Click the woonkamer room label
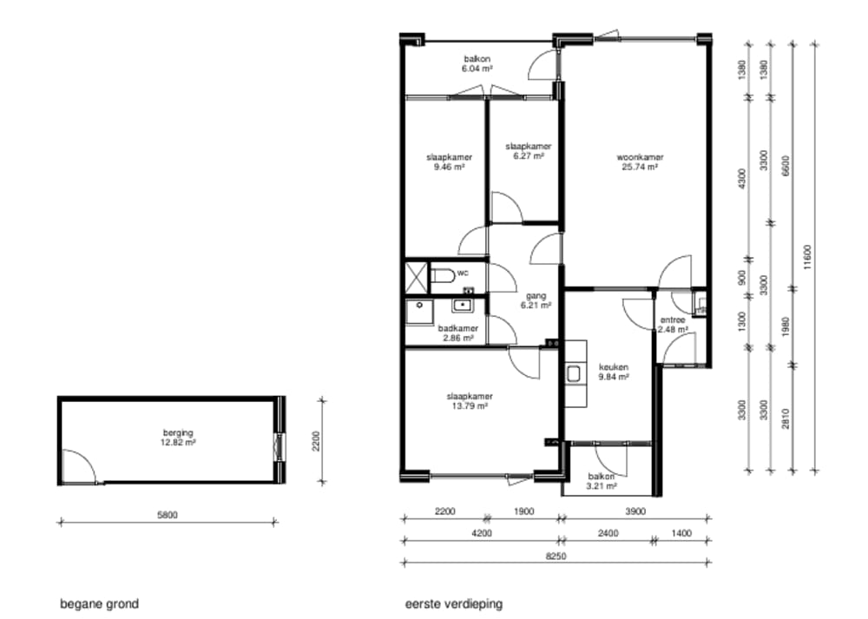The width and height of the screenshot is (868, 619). click(x=640, y=157)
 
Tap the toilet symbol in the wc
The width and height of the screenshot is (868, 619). click(x=443, y=275)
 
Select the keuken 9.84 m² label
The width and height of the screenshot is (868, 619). click(x=614, y=372)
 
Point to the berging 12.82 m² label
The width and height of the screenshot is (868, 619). click(x=178, y=438)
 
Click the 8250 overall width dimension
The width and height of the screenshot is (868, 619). click(x=556, y=556)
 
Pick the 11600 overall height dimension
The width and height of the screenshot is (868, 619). click(x=807, y=257)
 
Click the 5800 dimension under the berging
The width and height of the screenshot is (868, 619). click(x=168, y=515)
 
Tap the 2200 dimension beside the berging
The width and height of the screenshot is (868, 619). click(x=316, y=441)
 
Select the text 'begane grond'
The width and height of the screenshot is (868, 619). click(x=99, y=603)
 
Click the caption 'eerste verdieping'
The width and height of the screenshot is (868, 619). click(x=454, y=603)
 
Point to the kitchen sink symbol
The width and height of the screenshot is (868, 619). click(x=573, y=374)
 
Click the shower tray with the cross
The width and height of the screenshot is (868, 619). click(x=417, y=277)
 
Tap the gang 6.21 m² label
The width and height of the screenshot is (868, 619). click(x=536, y=300)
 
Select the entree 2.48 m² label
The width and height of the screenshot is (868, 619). click(x=673, y=325)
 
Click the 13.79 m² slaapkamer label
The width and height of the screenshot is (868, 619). click(x=470, y=401)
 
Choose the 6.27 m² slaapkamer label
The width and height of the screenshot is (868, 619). click(x=528, y=150)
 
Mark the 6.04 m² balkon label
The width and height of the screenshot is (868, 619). click(x=477, y=63)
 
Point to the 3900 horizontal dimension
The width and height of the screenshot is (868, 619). click(x=635, y=511)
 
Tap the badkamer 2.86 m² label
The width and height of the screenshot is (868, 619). click(x=457, y=333)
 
